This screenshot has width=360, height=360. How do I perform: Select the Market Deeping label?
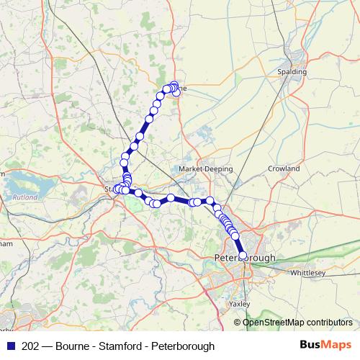(206, 169)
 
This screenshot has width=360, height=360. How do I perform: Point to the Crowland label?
(285, 168)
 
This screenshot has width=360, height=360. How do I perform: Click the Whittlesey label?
(310, 274)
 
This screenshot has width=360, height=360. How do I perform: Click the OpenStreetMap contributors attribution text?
(298, 322)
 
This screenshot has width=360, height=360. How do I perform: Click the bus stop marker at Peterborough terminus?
(243, 255)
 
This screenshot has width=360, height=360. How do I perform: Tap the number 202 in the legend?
(31, 345)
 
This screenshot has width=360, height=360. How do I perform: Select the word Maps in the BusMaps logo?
(338, 344)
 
